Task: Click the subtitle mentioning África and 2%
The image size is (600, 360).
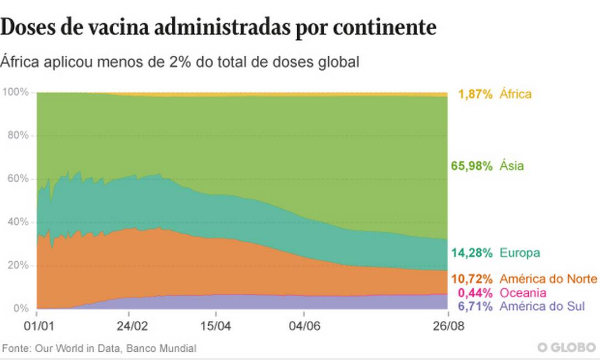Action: pos(180,62)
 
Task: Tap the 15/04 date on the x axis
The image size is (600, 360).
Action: pos(215,325)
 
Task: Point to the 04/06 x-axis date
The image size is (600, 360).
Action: pos(304,325)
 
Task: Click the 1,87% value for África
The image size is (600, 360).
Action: pos(475,94)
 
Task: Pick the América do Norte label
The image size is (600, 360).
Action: pos(548,278)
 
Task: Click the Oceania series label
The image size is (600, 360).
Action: pos(523,293)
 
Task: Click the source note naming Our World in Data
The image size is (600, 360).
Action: pos(99,348)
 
